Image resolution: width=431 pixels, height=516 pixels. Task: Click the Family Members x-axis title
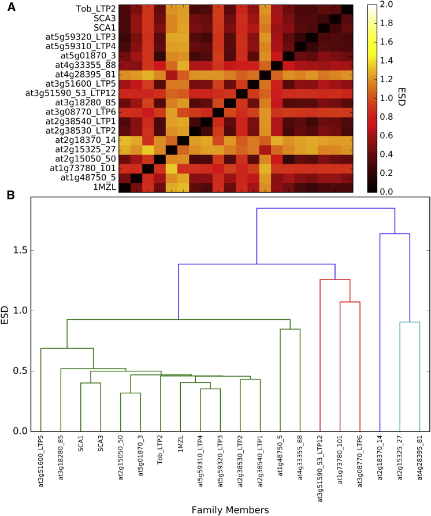click(231, 510)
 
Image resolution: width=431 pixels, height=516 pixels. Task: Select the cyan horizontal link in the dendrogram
click(410, 322)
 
